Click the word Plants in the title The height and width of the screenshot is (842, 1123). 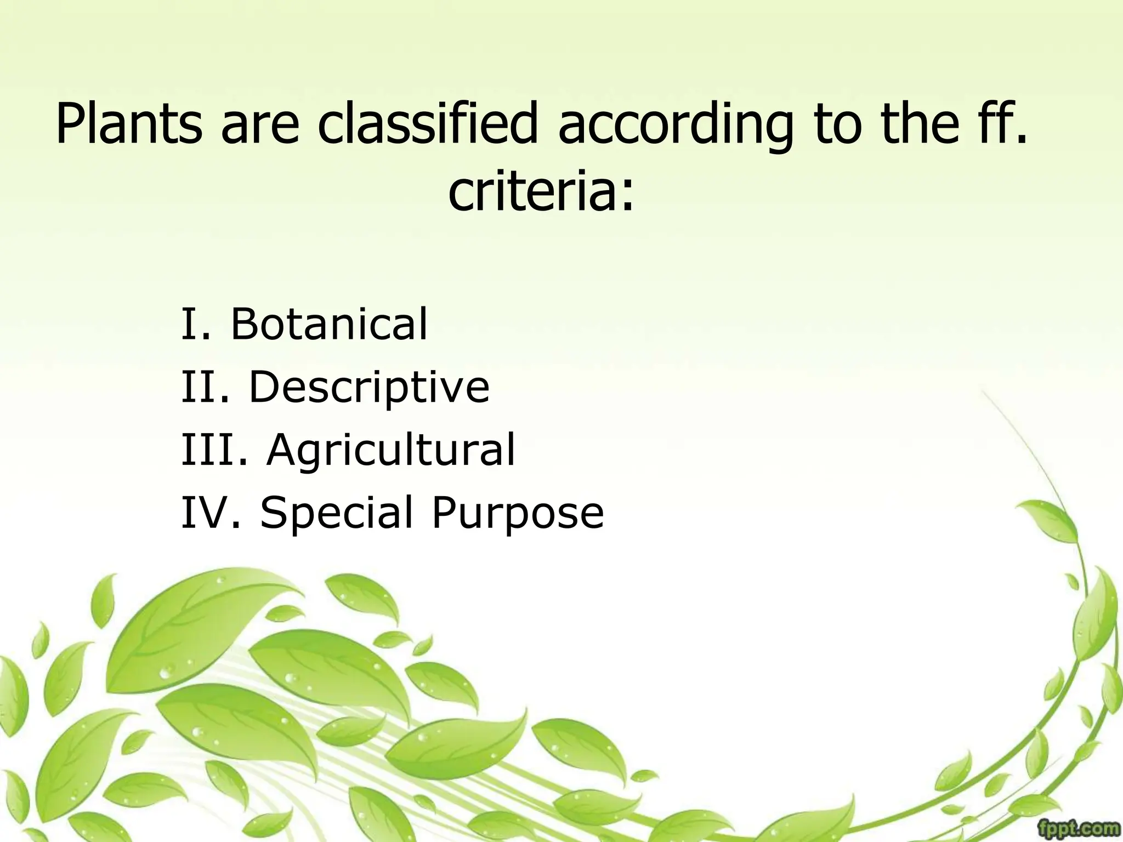coord(129,123)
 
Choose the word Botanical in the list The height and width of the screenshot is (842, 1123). coord(328,324)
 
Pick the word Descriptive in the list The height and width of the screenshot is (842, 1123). coord(369,387)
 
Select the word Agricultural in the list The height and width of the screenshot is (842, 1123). coord(391,450)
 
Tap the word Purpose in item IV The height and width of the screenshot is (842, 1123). coord(518,513)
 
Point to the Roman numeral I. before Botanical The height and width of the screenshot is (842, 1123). coord(195,324)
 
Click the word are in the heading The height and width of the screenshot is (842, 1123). coord(260,123)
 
